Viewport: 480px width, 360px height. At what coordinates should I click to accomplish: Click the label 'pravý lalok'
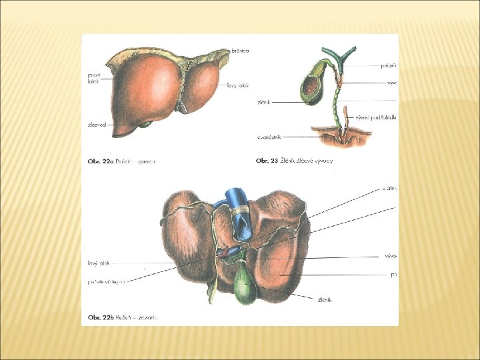(x=94, y=78)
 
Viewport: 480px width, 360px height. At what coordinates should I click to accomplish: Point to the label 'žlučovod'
(x=97, y=125)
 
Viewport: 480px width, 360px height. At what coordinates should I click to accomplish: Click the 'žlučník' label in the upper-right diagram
(x=263, y=103)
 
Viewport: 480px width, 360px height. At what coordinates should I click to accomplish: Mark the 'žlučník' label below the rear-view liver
(x=324, y=300)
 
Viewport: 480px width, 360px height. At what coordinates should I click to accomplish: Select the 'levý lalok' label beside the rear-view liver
(x=97, y=263)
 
